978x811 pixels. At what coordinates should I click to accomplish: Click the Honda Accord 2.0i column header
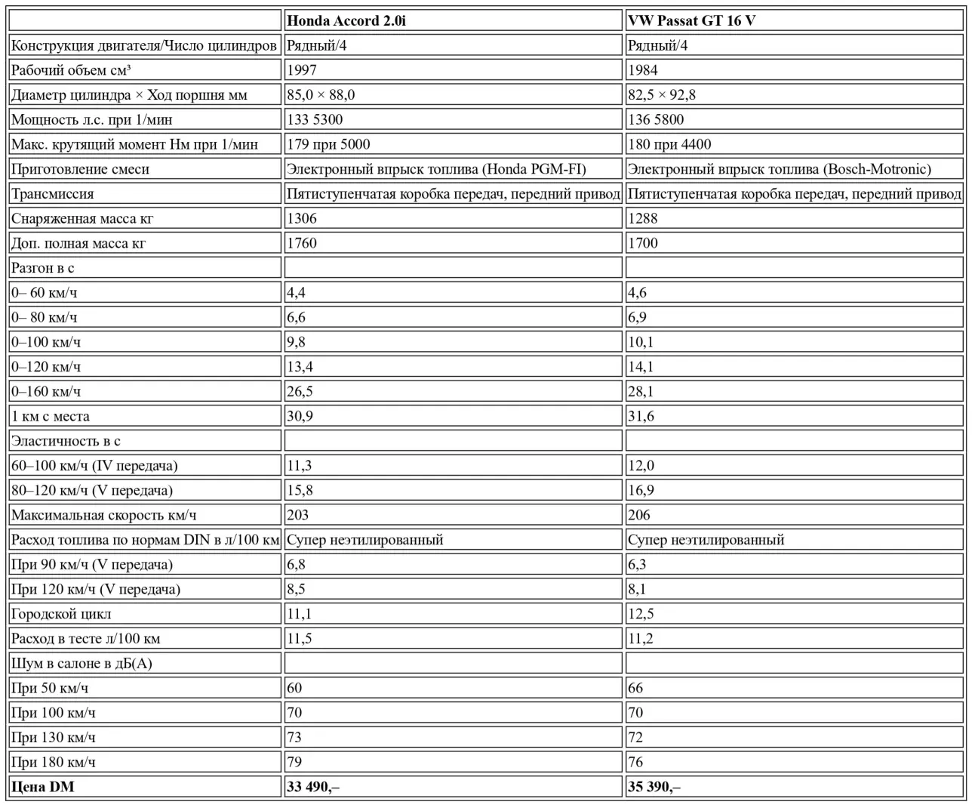click(x=346, y=20)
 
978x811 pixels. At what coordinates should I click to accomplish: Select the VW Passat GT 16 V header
click(x=691, y=20)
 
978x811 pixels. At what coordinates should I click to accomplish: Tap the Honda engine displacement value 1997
click(x=302, y=70)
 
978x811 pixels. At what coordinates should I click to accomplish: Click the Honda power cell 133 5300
click(x=315, y=119)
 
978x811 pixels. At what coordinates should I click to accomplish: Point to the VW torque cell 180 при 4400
click(x=669, y=144)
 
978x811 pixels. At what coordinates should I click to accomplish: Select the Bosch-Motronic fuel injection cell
click(x=780, y=169)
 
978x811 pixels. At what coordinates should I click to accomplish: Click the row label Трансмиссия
click(x=53, y=194)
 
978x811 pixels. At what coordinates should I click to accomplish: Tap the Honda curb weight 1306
click(x=302, y=218)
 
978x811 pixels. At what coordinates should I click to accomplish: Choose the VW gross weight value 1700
click(x=643, y=243)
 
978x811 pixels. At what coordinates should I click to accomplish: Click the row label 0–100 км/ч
click(x=46, y=342)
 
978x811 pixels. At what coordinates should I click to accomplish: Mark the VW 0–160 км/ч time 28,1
click(x=641, y=391)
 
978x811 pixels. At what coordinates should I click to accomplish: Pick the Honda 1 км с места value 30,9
click(x=300, y=416)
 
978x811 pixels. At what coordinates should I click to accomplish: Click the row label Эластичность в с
click(x=66, y=441)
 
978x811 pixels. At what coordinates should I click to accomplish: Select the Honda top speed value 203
click(x=298, y=515)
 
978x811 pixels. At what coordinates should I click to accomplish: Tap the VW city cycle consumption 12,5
click(x=641, y=614)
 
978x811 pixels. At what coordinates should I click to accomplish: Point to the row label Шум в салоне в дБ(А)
click(x=82, y=663)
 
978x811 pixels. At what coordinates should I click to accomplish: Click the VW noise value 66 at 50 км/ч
click(x=635, y=688)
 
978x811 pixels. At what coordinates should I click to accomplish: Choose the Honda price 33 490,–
click(x=313, y=787)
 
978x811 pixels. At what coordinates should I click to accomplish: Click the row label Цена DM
click(x=43, y=787)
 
